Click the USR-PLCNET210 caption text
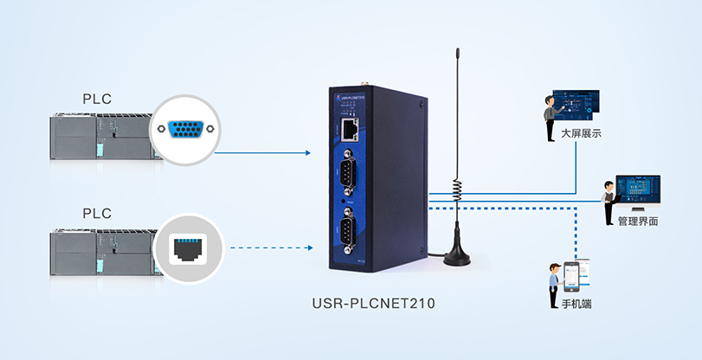pyautogui.click(x=372, y=305)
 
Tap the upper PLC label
pyautogui.click(x=96, y=98)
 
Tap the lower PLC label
pyautogui.click(x=96, y=212)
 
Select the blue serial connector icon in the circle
pyautogui.click(x=187, y=130)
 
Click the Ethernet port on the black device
pyautogui.click(x=350, y=130)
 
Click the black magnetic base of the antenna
pyautogui.click(x=459, y=256)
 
